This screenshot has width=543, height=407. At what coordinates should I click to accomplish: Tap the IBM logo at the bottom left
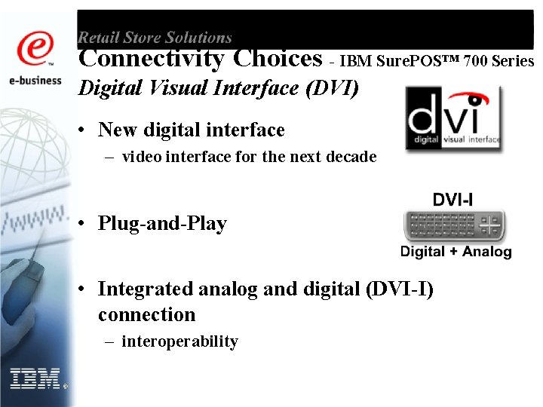(35, 378)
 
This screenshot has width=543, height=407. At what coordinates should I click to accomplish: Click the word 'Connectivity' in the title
(152, 58)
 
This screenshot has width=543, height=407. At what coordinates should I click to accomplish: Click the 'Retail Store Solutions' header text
(155, 37)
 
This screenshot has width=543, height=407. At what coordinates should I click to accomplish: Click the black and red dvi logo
(452, 118)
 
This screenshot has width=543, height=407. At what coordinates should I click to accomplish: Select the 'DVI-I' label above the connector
(452, 200)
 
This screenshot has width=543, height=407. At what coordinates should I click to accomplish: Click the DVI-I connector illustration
(454, 226)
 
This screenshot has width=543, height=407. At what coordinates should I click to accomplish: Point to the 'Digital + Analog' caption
(456, 252)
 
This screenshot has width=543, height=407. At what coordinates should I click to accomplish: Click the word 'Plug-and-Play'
(162, 224)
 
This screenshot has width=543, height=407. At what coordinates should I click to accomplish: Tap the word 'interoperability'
(179, 341)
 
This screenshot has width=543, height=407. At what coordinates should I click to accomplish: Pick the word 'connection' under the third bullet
(146, 314)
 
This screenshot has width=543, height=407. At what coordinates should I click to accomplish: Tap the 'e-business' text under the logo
(36, 80)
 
